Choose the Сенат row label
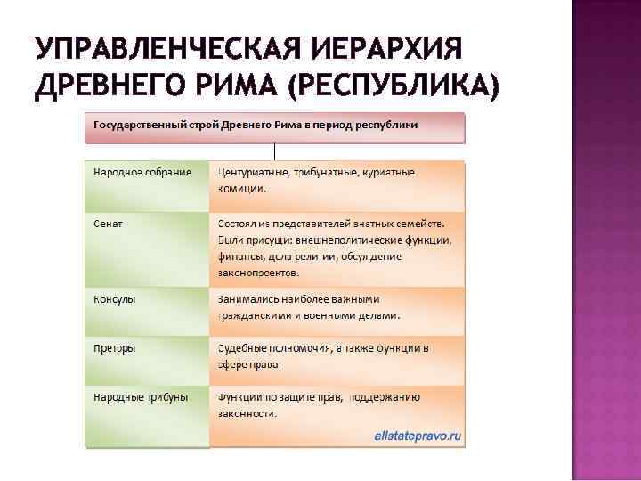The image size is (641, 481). coord(109,224)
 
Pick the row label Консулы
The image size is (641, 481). coord(115,298)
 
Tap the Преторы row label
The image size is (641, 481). coord(115,347)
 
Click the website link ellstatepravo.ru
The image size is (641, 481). coord(418,436)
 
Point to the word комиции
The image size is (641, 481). coord(242,189)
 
